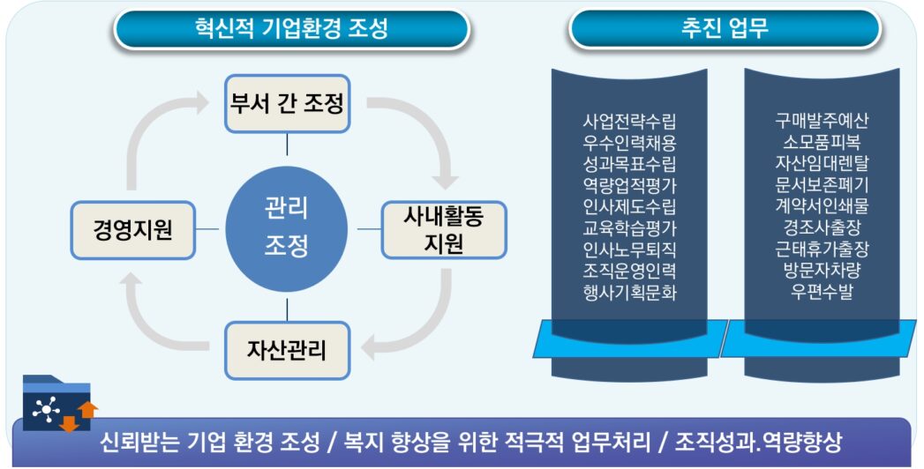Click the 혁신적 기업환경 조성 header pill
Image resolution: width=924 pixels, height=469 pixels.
[291, 28]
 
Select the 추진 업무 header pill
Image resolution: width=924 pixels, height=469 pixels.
[725, 28]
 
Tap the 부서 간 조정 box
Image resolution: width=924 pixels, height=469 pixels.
[287, 103]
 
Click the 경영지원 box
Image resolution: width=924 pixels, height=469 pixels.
[132, 232]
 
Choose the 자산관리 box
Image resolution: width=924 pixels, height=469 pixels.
[287, 350]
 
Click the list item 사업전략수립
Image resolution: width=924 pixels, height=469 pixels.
[629, 121]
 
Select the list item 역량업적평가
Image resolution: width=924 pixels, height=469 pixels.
[629, 185]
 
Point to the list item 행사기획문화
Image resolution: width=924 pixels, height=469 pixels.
[629, 292]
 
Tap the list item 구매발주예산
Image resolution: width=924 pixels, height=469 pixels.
[822, 121]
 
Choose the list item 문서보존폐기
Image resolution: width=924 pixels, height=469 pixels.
[822, 185]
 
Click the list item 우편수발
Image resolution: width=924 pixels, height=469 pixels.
[822, 292]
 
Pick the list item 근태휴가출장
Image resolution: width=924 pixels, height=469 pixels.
[822, 249]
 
